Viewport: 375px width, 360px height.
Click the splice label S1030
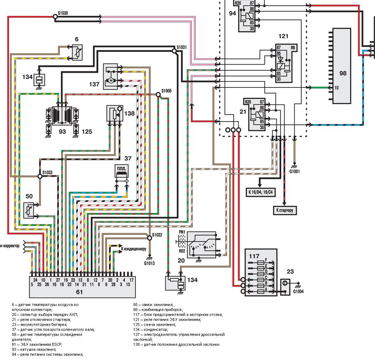[x=63, y=13]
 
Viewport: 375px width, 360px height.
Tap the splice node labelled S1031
[x=174, y=51]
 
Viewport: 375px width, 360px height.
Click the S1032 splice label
[x=157, y=235]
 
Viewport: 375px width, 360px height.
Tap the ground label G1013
[x=149, y=263]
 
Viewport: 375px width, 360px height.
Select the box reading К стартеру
[x=285, y=210]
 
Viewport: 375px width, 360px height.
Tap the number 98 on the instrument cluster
[x=343, y=74]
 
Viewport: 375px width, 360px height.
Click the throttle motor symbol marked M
[x=111, y=81]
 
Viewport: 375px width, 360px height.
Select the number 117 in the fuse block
[x=254, y=256]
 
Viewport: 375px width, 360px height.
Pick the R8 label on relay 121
[x=293, y=47]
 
